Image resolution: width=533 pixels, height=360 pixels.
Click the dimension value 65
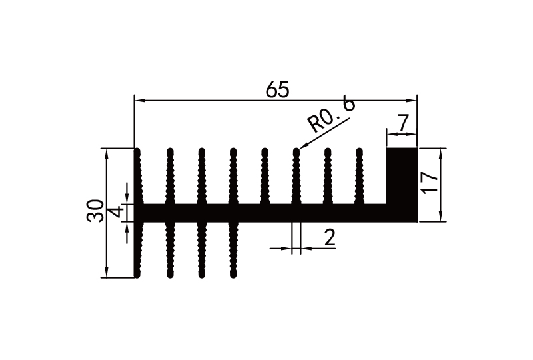tap(277, 89)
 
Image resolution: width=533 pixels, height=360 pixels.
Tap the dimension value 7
tap(402, 123)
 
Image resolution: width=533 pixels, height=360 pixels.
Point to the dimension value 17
tap(430, 184)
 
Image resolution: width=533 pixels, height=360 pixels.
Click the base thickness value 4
tap(115, 213)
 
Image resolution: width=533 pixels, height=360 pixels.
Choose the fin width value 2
tap(329, 238)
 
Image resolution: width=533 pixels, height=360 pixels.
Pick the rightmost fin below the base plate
tap(233, 250)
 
